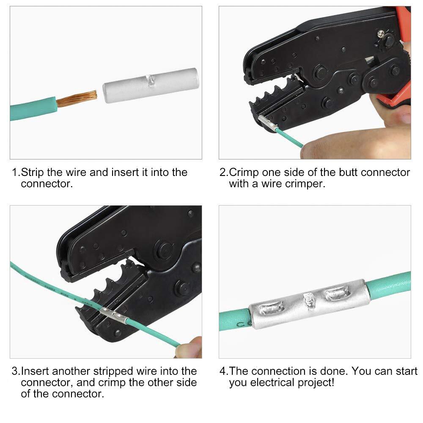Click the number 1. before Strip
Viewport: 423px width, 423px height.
click(x=16, y=173)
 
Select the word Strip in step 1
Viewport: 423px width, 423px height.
click(x=32, y=173)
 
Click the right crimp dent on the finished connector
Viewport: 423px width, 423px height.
click(x=336, y=291)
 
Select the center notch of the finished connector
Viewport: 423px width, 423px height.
click(x=308, y=300)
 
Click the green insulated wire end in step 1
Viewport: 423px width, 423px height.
click(x=34, y=108)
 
